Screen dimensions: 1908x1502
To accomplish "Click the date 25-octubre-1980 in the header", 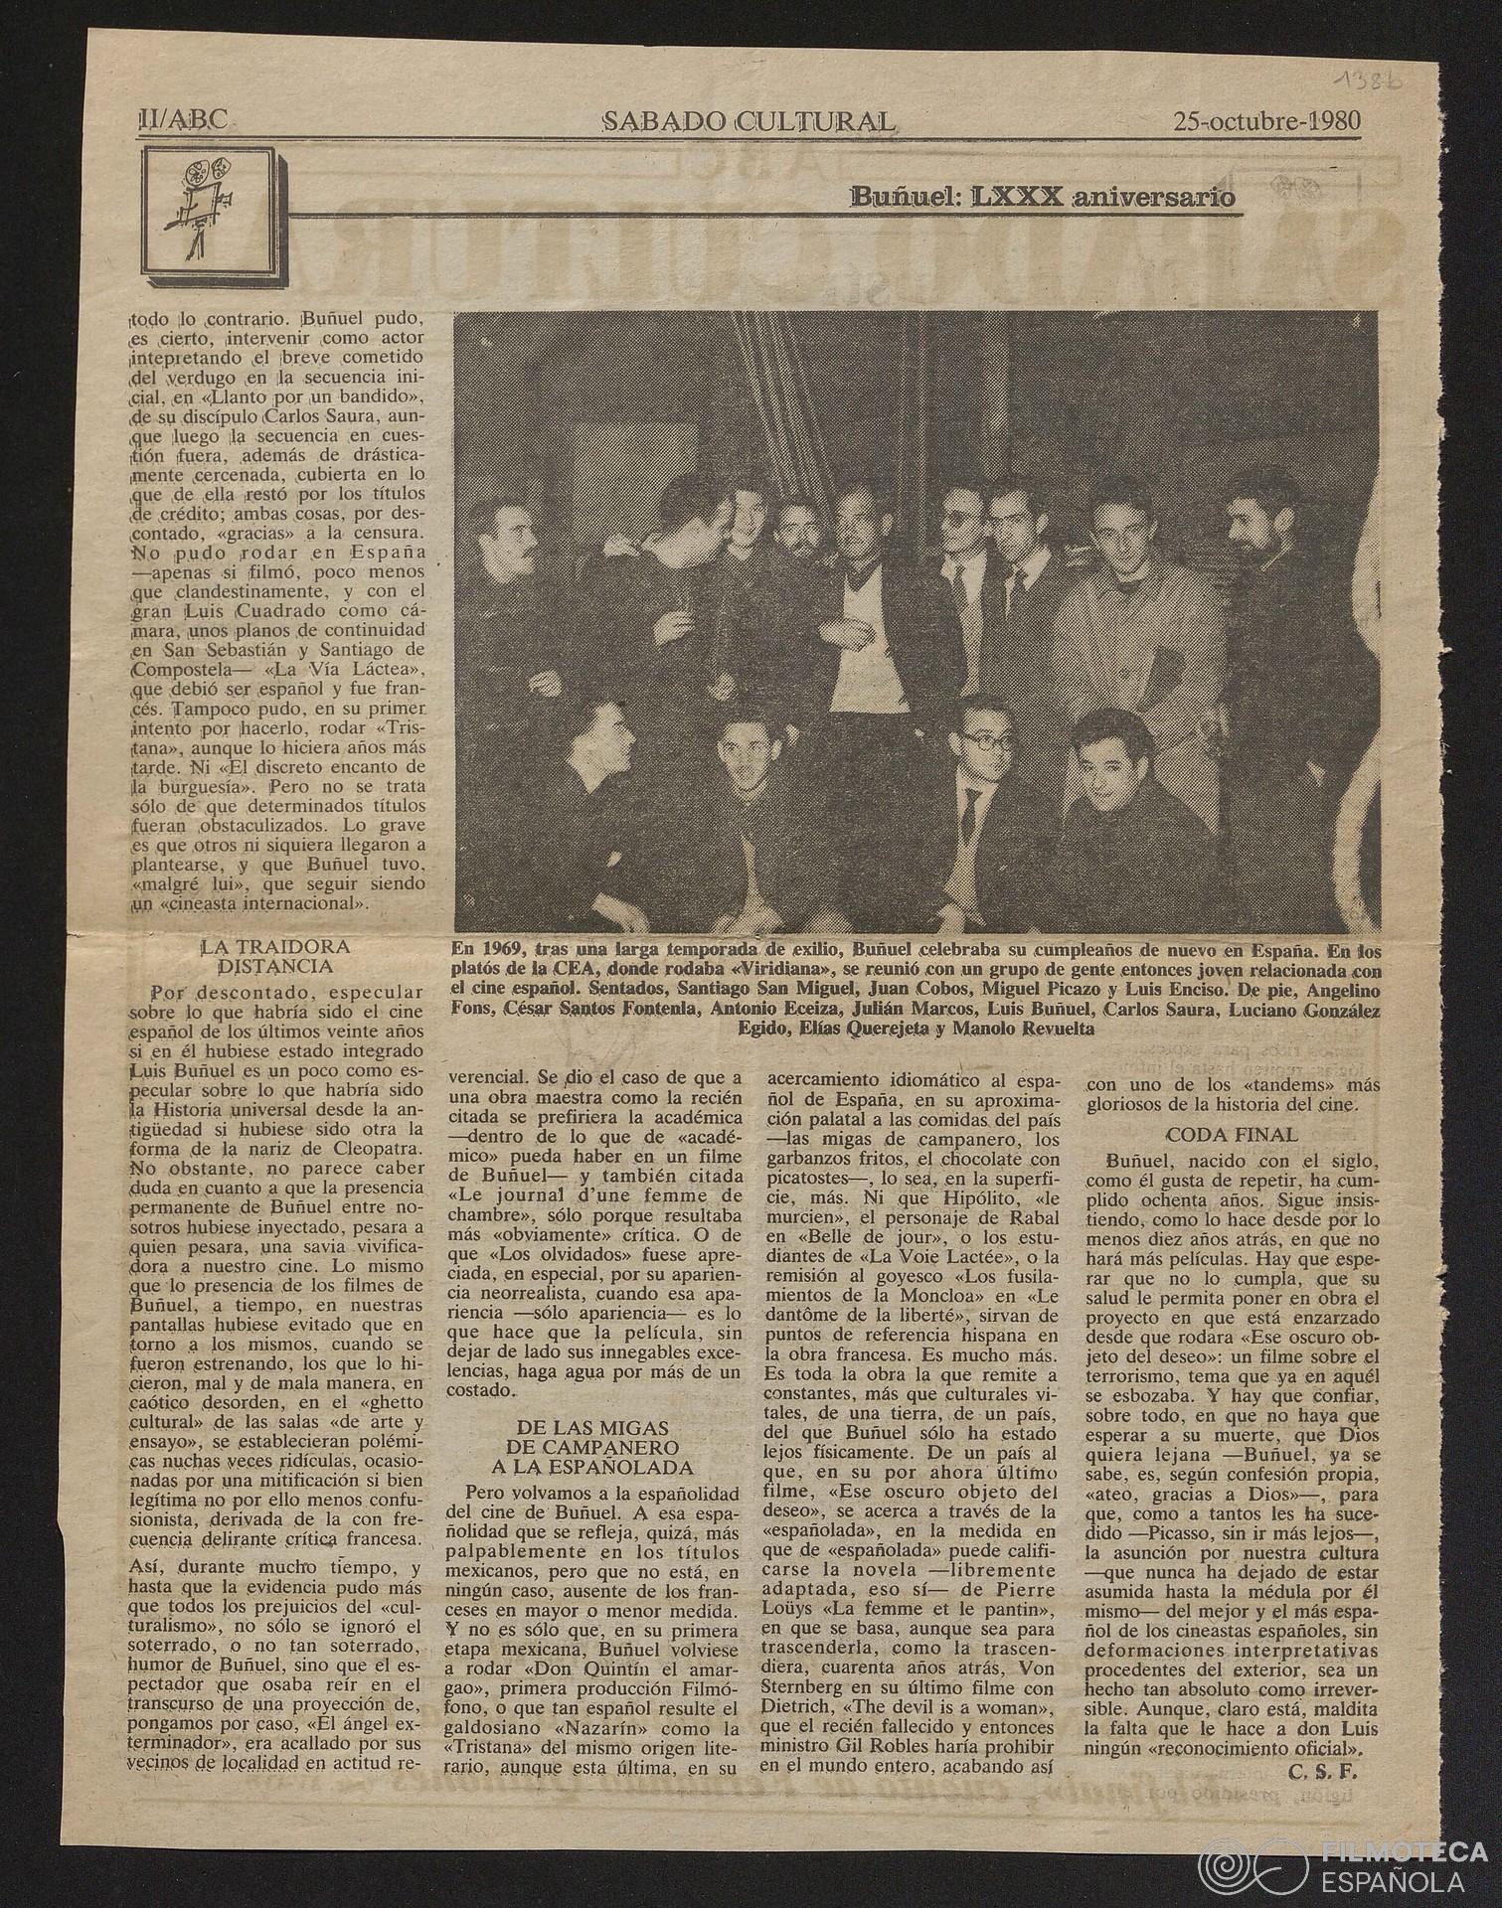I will [1266, 122].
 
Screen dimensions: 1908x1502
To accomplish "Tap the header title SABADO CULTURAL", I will [750, 122].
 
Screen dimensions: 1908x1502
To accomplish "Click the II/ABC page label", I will [184, 121].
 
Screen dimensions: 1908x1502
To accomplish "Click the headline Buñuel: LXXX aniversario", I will [1043, 197].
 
